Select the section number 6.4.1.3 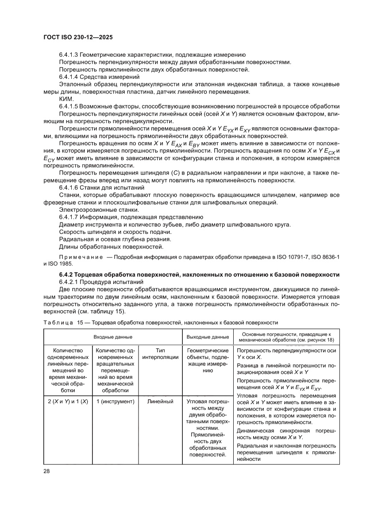point(71,55)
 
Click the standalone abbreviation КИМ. point(66,99)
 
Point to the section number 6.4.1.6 point(71,187)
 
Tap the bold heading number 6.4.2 point(68,275)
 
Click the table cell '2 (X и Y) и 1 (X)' point(67,401)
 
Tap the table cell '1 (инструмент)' point(115,401)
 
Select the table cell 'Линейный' point(161,401)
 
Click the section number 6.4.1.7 point(71,217)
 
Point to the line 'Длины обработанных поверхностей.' point(111,246)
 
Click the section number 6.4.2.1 point(71,282)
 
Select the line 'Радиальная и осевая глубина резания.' point(115,239)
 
